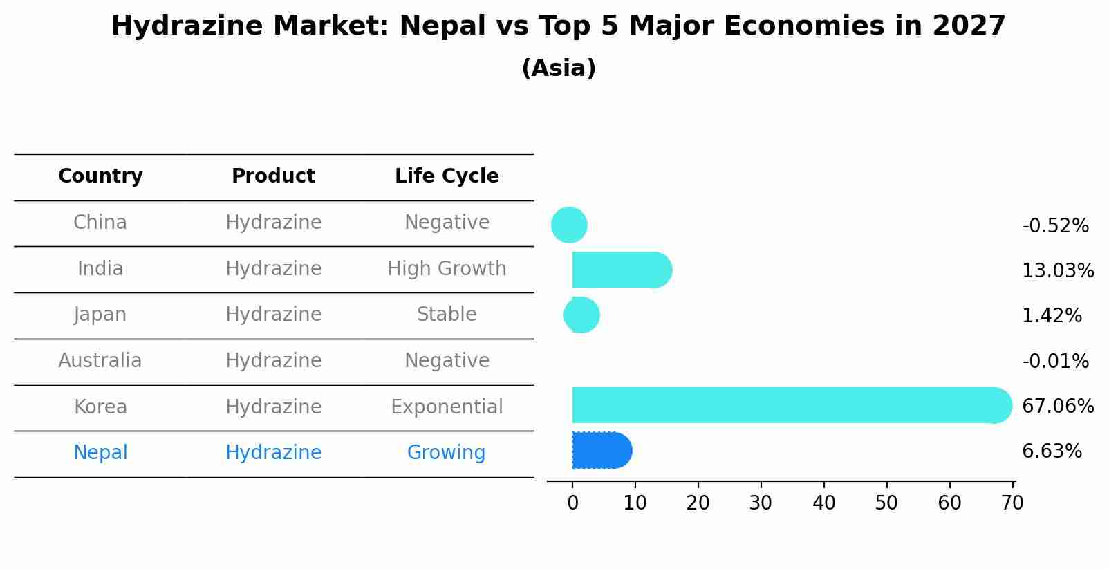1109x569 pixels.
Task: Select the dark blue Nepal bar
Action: click(600, 451)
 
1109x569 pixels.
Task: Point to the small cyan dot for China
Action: click(569, 225)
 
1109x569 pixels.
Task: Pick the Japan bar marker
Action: click(581, 315)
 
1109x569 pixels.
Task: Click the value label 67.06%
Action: click(1057, 406)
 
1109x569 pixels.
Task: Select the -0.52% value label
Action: click(1055, 226)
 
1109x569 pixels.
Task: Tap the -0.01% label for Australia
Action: click(1055, 361)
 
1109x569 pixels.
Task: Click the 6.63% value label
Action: click(1052, 451)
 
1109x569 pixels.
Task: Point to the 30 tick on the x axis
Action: click(761, 503)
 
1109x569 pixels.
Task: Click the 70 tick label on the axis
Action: click(1012, 503)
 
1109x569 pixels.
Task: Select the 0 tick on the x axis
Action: click(572, 503)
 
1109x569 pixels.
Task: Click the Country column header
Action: click(100, 176)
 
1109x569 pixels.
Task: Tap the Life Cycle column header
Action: click(447, 176)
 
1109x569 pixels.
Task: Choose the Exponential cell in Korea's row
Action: click(447, 407)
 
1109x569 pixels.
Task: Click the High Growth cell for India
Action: click(447, 268)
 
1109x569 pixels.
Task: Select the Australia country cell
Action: click(100, 360)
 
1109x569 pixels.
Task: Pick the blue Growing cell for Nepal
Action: click(446, 452)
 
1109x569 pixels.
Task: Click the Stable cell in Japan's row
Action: click(447, 315)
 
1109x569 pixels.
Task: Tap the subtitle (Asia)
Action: click(559, 68)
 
